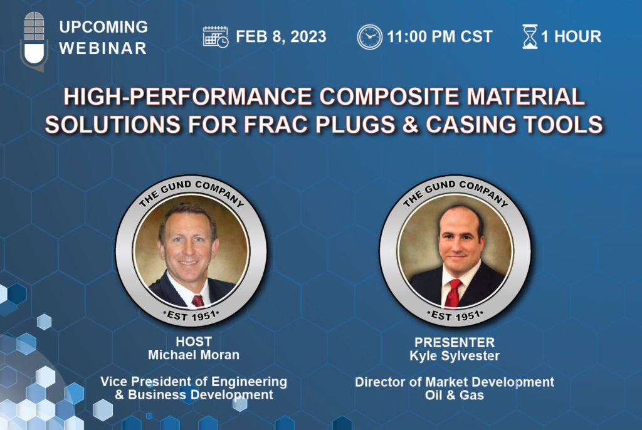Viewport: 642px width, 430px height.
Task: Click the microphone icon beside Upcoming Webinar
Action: click(34, 41)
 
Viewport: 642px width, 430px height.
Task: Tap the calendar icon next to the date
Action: click(216, 37)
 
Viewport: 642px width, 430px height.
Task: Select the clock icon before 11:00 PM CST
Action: click(369, 37)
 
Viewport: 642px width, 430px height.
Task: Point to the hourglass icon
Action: click(529, 36)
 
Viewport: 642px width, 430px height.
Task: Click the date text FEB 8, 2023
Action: click(281, 36)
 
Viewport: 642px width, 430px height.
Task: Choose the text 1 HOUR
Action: click(571, 36)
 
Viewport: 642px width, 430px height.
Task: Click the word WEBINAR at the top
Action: click(103, 48)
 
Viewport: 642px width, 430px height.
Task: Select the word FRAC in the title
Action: click(276, 125)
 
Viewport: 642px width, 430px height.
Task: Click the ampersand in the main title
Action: click(409, 125)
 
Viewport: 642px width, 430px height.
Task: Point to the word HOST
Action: click(194, 341)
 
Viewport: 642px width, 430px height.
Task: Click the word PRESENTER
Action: click(455, 342)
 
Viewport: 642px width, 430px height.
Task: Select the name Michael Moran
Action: click(194, 355)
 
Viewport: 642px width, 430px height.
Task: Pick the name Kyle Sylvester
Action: click(455, 356)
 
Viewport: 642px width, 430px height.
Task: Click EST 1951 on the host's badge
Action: click(191, 316)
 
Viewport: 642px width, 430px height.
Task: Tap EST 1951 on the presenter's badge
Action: click(455, 316)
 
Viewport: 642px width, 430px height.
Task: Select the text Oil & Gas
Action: click(455, 395)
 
